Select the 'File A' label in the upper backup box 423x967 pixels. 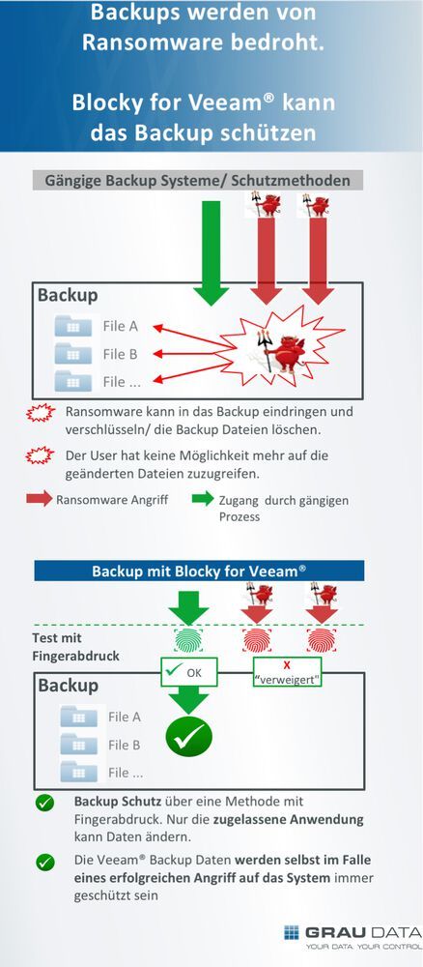coord(121,326)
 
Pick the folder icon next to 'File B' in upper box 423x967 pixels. coord(73,354)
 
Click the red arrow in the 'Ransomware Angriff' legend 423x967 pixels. coord(39,500)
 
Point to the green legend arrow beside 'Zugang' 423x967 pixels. coord(202,500)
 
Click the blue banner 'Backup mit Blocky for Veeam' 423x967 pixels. coord(199,571)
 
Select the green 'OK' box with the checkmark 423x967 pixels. coord(188,670)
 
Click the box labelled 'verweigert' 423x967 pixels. coord(287,671)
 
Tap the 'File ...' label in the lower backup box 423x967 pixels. coord(126,772)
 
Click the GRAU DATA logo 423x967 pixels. coord(352,936)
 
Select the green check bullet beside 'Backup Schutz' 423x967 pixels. coord(44,804)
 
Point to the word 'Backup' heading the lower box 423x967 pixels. coord(68,686)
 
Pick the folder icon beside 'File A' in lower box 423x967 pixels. coord(78,717)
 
